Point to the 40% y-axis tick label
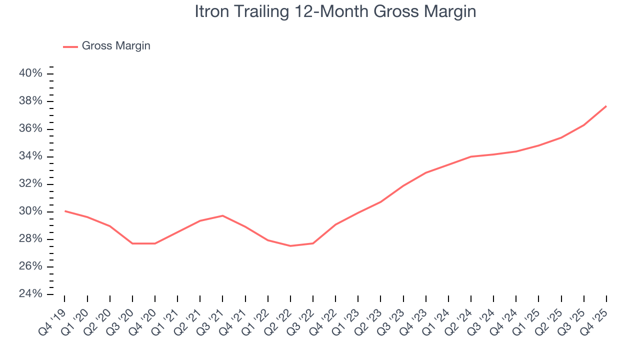click(x=30, y=73)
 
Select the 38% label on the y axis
click(x=30, y=101)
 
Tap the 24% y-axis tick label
click(x=30, y=293)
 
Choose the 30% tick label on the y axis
click(x=30, y=211)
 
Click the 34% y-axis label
click(x=30, y=156)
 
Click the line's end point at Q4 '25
click(x=606, y=106)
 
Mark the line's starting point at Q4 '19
click(x=65, y=211)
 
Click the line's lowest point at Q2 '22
click(x=290, y=246)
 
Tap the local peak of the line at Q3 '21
click(x=222, y=215)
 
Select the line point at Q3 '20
click(x=132, y=243)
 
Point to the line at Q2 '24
click(x=471, y=156)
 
